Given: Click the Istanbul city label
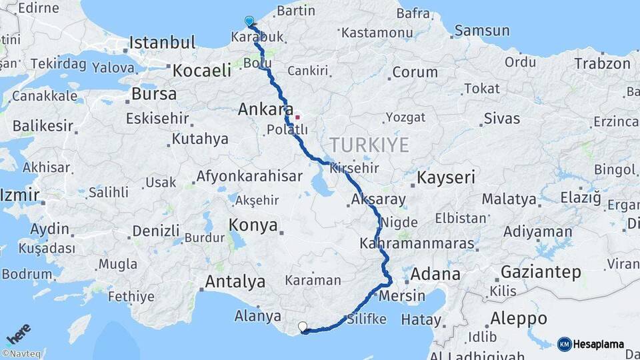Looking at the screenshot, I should point(162,43).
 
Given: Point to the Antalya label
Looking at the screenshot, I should point(235,282).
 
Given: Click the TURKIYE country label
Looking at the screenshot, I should point(369,145).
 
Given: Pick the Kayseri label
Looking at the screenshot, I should point(446,177).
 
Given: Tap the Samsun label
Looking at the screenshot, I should point(482,31).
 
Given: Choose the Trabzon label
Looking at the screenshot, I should point(604,64).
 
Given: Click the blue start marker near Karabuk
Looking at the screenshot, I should point(249,21).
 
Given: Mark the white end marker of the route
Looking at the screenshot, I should point(303,327).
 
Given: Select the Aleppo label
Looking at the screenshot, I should point(518,319).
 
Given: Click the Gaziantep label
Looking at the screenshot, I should point(541,272).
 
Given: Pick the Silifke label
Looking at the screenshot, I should point(366,319).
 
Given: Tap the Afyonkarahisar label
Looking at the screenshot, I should point(249,177).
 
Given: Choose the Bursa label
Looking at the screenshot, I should point(154,94).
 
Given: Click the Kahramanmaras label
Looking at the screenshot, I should point(417,244).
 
